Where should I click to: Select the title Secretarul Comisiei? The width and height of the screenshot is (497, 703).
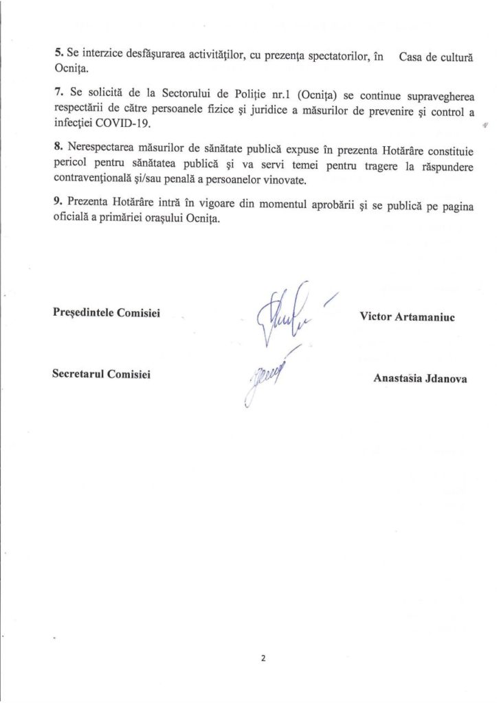pyautogui.click(x=102, y=374)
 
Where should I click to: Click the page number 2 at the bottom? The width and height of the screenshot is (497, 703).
pyautogui.click(x=263, y=658)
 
